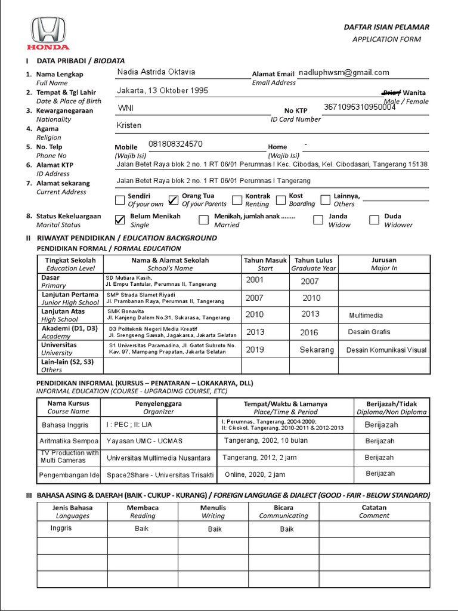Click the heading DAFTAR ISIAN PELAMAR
coord(386,27)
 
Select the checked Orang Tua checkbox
coord(174,200)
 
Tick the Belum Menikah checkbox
coord(120,220)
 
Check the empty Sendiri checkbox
coord(120,200)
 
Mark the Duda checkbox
coord(374,220)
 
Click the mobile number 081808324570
coord(175,144)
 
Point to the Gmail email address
coord(344,72)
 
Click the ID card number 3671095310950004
coord(360,107)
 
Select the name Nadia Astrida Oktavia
coord(156,72)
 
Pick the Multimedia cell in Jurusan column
coord(366,315)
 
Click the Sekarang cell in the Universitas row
coord(317,350)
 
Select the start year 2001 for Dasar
coord(255,280)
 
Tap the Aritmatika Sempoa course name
coord(69,441)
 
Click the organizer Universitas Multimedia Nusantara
coord(159,458)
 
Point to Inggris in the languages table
coord(61,529)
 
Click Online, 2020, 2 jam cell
coord(255,474)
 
